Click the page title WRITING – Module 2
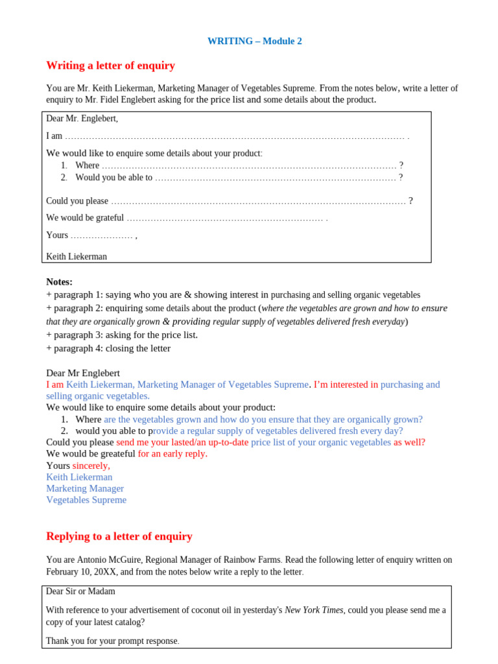pos(254,41)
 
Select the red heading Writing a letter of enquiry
pos(110,65)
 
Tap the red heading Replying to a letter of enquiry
pos(119,536)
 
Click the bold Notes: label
pos(59,281)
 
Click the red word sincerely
pos(91,466)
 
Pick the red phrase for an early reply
pos(172,454)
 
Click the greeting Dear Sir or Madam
pos(80,591)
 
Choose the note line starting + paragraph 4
pos(108,348)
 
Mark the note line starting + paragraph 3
pos(122,335)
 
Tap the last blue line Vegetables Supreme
pos(86,500)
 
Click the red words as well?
pos(409,442)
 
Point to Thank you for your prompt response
pos(112,641)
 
